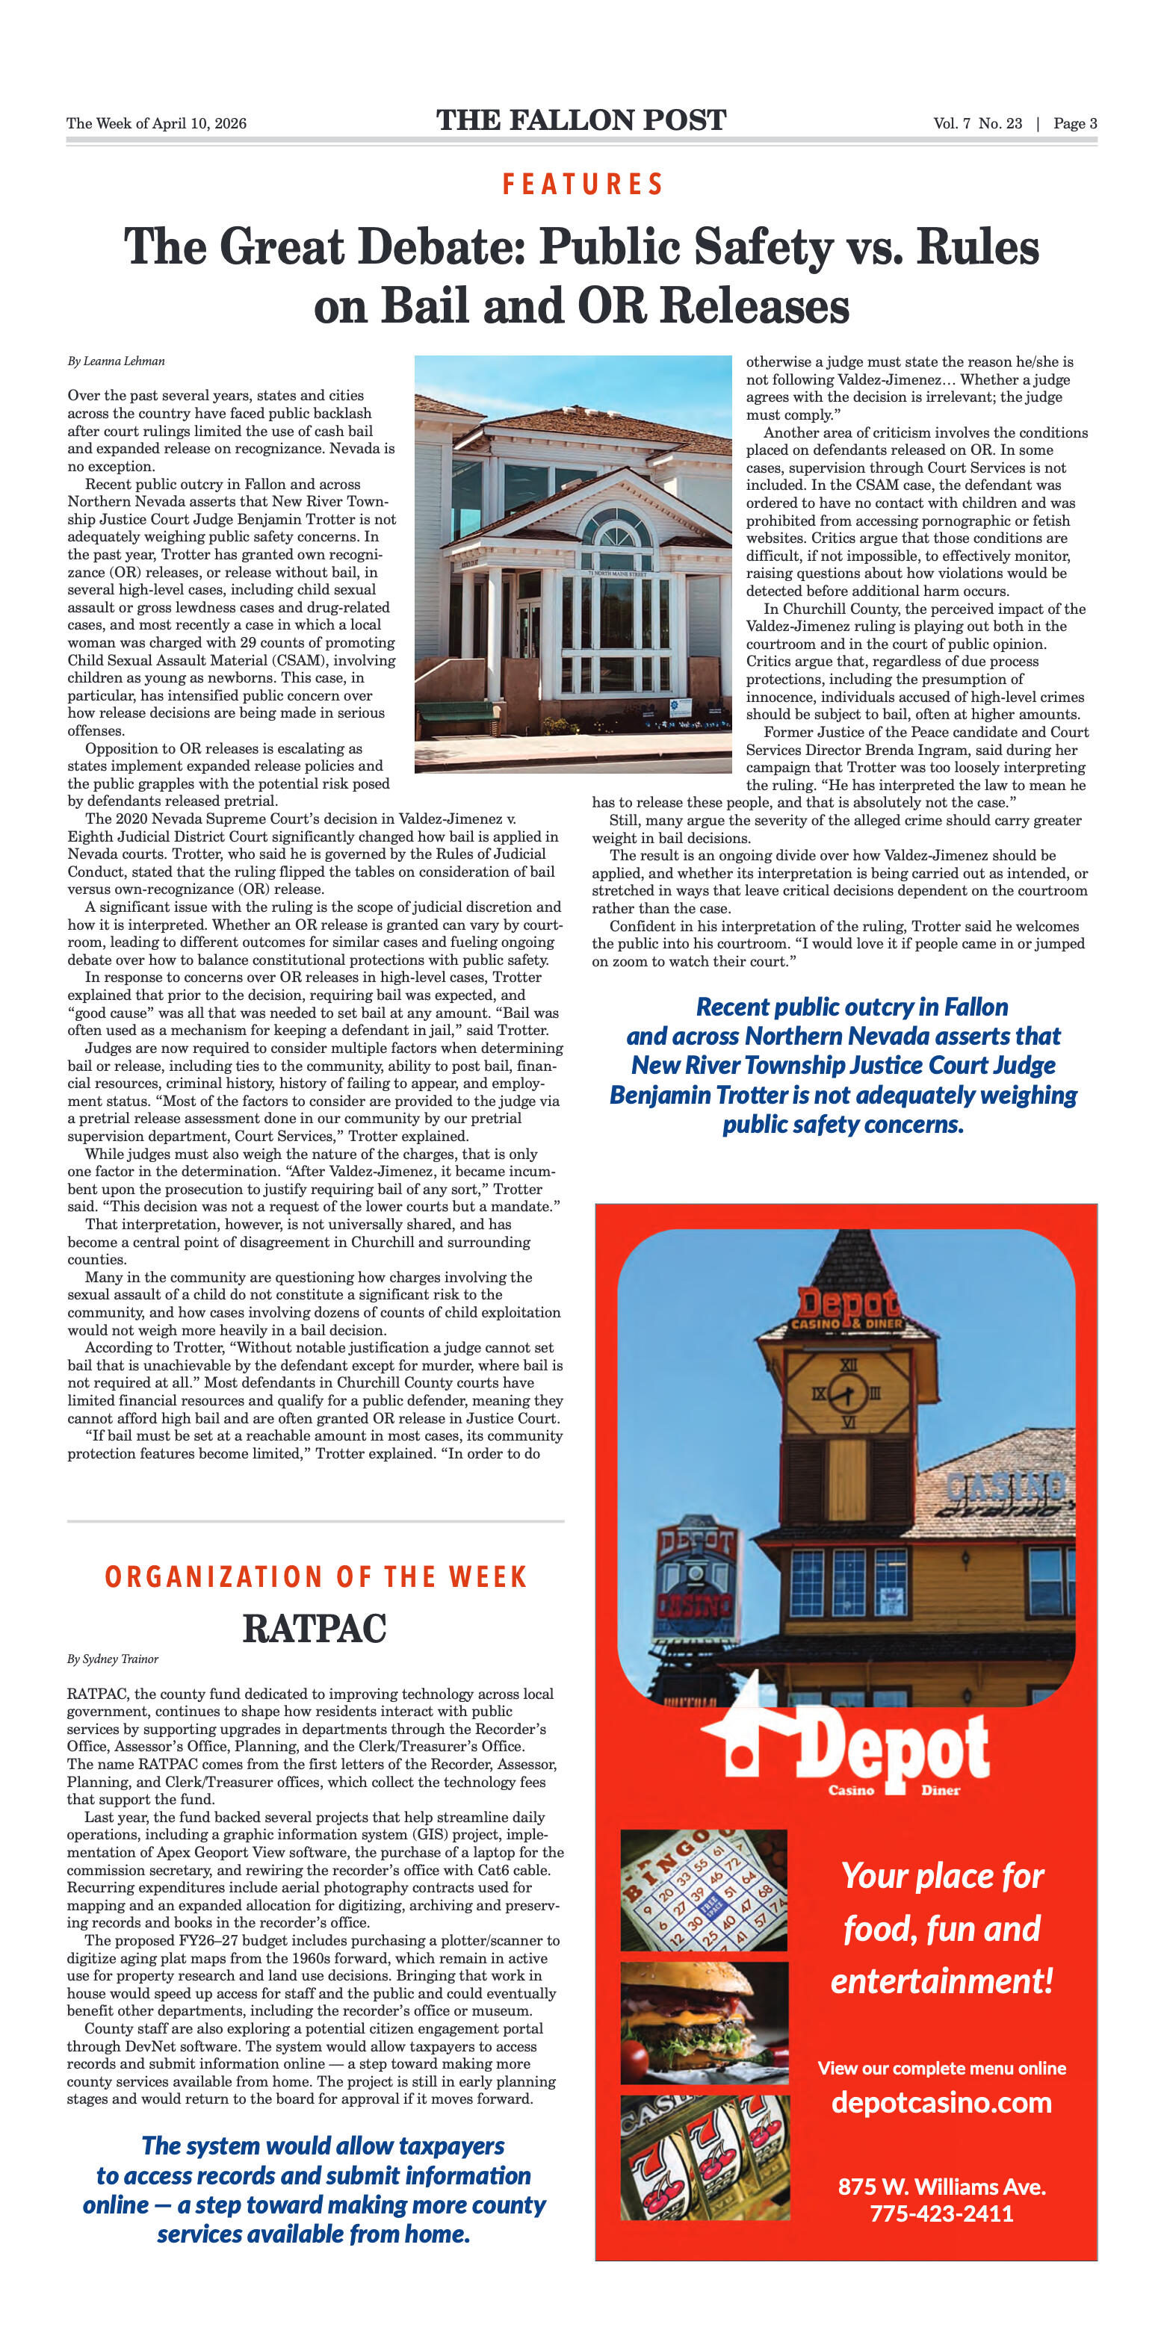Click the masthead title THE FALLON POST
pyautogui.click(x=581, y=120)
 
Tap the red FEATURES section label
pyautogui.click(x=583, y=184)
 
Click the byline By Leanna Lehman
pyautogui.click(x=116, y=361)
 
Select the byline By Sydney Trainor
pyautogui.click(x=112, y=1659)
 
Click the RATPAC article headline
pyautogui.click(x=315, y=1629)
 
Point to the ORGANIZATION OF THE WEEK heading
pyautogui.click(x=315, y=1577)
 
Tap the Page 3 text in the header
pyautogui.click(x=1074, y=124)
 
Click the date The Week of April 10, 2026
pyautogui.click(x=156, y=124)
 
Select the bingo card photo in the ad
pyautogui.click(x=703, y=1890)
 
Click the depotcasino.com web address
pyautogui.click(x=941, y=2102)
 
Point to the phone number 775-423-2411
pyautogui.click(x=941, y=2213)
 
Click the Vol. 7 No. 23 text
pyautogui.click(x=978, y=124)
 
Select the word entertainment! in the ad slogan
pyautogui.click(x=941, y=1981)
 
